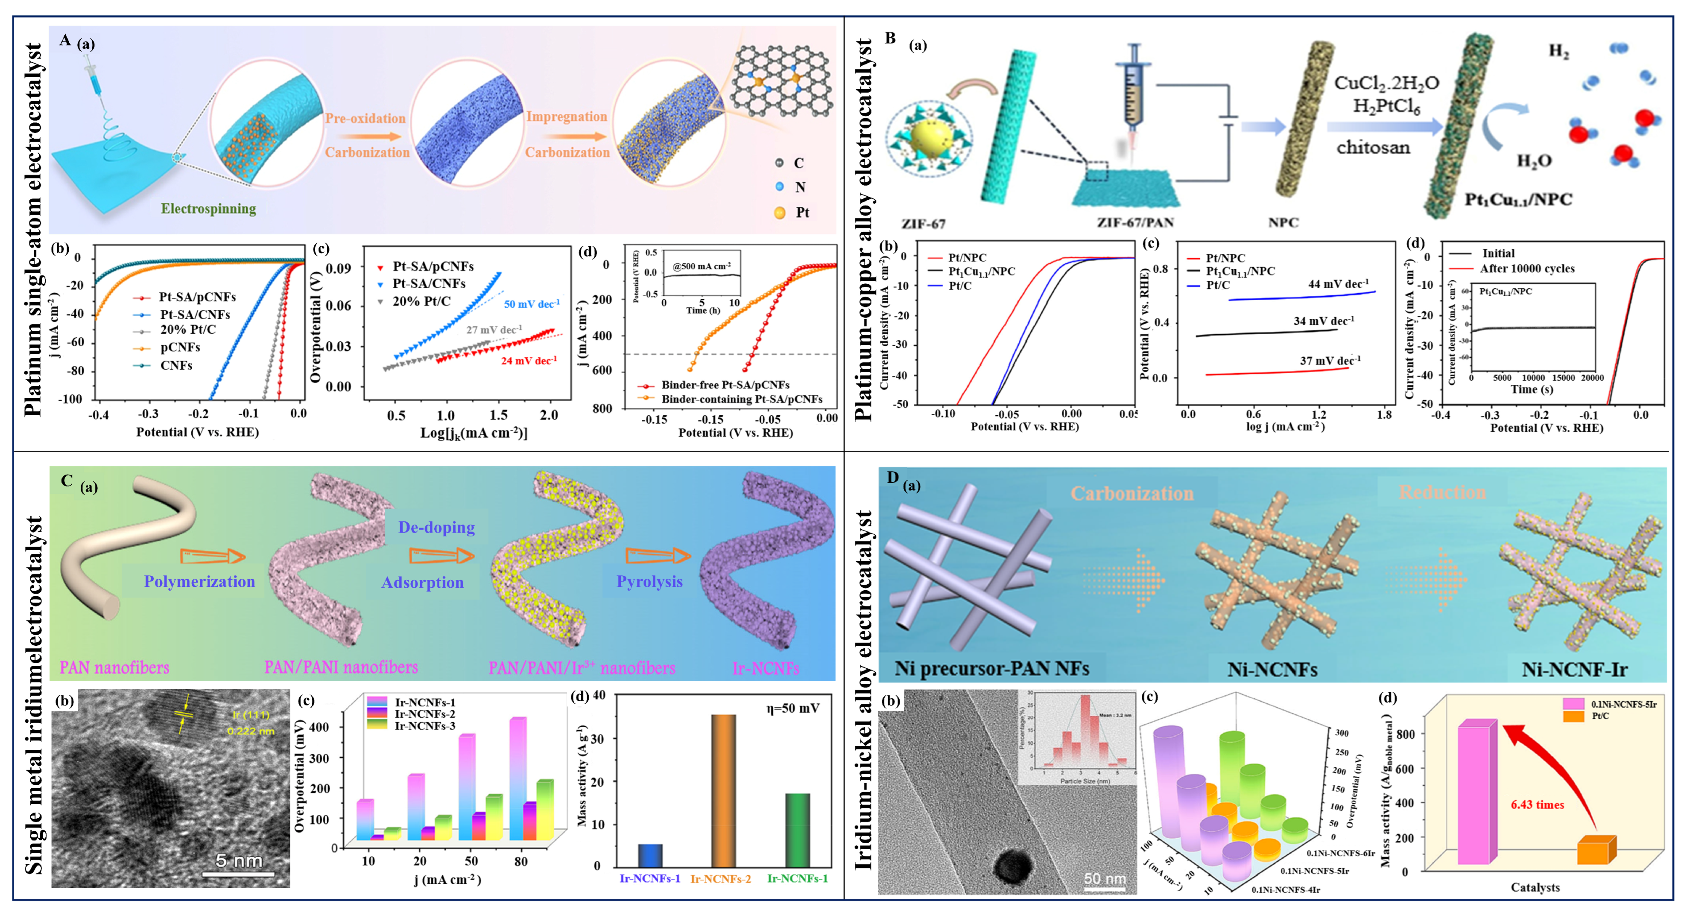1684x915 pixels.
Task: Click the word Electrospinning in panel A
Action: [x=208, y=209]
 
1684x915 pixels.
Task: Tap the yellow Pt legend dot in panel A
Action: [x=779, y=213]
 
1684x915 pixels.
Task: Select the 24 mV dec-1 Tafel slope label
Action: [x=528, y=361]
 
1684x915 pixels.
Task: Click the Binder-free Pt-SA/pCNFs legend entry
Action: [x=724, y=385]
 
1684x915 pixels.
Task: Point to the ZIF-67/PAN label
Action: [x=1135, y=223]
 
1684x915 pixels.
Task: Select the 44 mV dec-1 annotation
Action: [x=1338, y=284]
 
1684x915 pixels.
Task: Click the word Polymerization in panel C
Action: [x=199, y=582]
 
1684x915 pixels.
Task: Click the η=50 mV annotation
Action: [x=792, y=708]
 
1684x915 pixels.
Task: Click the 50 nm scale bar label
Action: [x=1104, y=878]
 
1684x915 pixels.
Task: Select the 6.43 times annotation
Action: [x=1537, y=804]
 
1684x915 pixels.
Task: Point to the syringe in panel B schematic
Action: [x=1134, y=91]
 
